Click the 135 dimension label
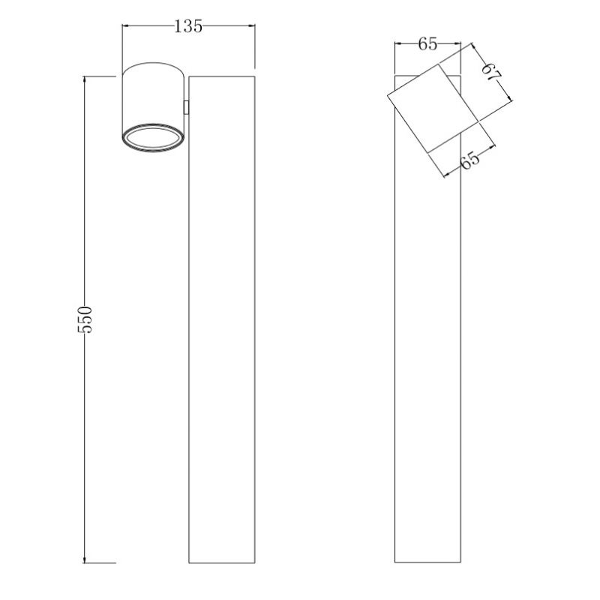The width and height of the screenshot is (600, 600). click(188, 26)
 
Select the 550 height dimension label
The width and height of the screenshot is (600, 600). click(85, 319)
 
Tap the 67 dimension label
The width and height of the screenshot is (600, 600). click(492, 72)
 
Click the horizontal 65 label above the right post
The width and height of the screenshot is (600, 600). click(427, 44)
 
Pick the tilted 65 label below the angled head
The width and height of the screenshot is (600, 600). click(469, 160)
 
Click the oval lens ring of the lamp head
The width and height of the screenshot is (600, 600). click(152, 137)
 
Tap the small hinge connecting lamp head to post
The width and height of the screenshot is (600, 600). click(186, 107)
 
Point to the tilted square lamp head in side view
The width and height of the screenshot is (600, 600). click(433, 108)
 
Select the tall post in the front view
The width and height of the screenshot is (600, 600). click(222, 319)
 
